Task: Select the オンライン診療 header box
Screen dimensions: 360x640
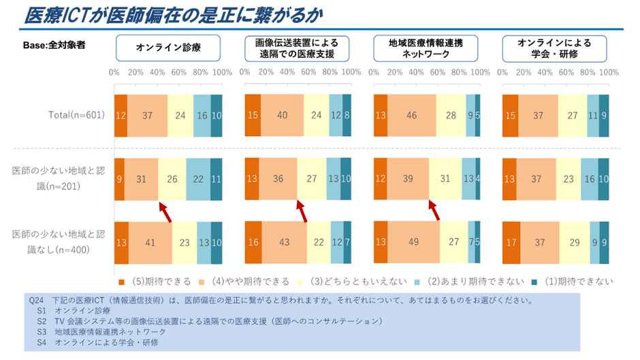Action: [167, 48]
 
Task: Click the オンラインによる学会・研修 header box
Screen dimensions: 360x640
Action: [554, 48]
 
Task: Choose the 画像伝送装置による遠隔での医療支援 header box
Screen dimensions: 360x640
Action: [297, 48]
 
